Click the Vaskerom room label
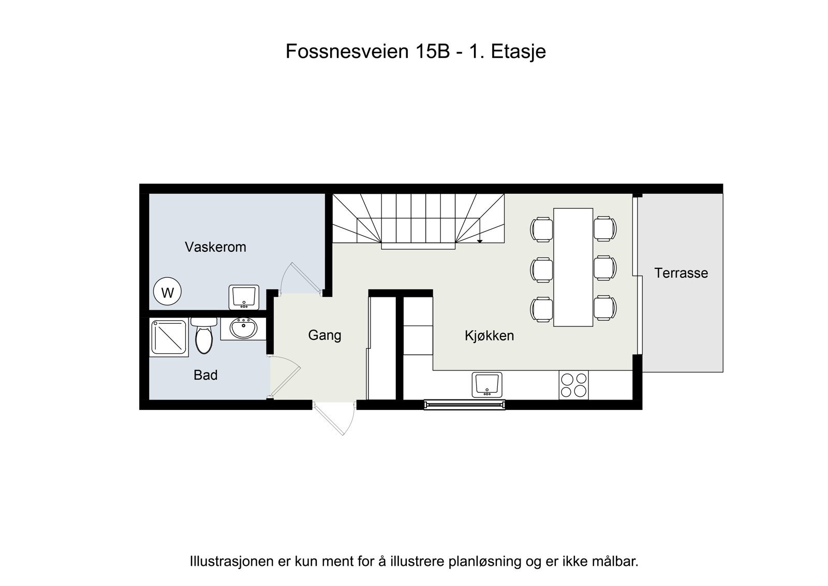point(215,247)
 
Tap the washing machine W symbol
point(167,293)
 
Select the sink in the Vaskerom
point(244,297)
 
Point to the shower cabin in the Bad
point(168,337)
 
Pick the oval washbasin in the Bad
point(243,328)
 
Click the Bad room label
point(205,375)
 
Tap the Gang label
point(324,335)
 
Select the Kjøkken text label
point(489,336)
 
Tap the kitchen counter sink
point(486,384)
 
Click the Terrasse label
point(681,273)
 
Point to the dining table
point(573,267)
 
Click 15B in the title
point(432,51)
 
